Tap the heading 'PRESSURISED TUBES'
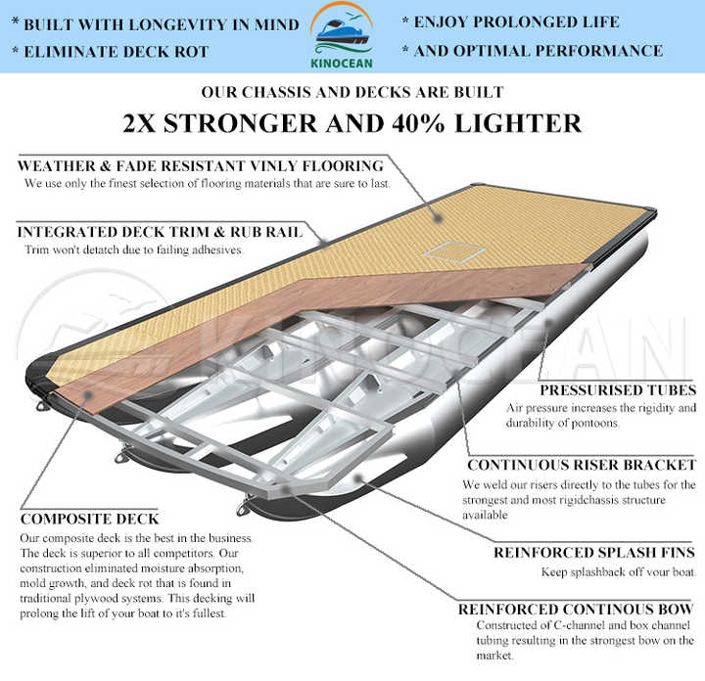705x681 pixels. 618,390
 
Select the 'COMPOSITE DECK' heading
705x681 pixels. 89,519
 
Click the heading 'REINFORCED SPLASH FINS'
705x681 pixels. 594,552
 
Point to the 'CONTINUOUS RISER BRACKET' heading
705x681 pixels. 582,465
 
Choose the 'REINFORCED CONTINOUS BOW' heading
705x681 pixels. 576,610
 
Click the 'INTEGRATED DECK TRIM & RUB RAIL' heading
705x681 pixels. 160,232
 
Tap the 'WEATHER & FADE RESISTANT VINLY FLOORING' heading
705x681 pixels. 201,165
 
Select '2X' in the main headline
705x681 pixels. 139,123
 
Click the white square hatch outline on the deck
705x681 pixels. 453,252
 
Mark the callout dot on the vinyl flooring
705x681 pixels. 438,219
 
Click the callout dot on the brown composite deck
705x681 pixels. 88,395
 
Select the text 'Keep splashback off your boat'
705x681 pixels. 618,571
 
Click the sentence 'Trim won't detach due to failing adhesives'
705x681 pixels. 133,250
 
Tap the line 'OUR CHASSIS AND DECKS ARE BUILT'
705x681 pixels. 352,92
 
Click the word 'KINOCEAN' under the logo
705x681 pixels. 342,64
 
